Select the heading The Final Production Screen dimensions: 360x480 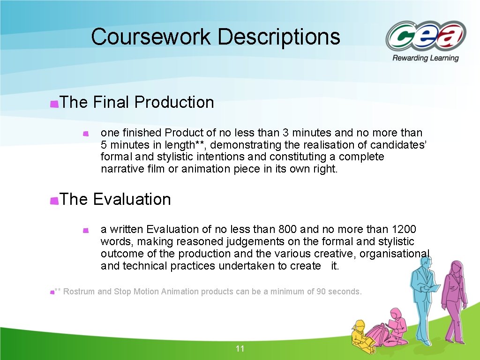(x=137, y=102)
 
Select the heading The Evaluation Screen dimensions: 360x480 (x=115, y=199)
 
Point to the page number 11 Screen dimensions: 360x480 (x=240, y=348)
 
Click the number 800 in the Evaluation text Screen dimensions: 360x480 (x=287, y=229)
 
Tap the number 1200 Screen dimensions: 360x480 (x=404, y=229)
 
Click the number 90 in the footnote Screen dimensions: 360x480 (x=322, y=292)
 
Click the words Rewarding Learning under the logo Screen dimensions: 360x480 (x=426, y=58)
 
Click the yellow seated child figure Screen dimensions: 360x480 (x=361, y=334)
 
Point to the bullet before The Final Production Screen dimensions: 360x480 (x=54, y=104)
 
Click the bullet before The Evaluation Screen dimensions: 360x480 (x=54, y=201)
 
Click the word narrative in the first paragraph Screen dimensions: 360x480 (x=120, y=169)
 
